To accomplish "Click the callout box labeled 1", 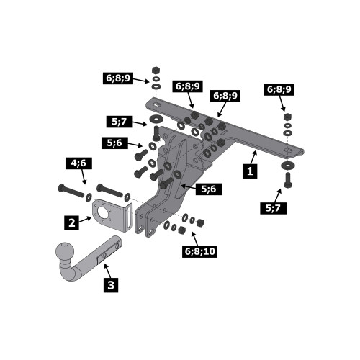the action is click(250, 171).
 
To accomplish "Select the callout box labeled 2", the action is click(71, 223).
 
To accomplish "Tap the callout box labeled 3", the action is click(111, 285).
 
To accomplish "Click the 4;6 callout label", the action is click(78, 163).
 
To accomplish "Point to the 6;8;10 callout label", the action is click(199, 251).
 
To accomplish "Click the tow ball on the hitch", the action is click(65, 251).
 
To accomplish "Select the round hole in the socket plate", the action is click(103, 212).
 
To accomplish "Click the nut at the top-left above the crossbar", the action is click(156, 71).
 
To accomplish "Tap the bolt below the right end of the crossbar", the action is click(288, 180).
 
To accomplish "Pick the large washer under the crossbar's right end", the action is click(287, 166).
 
